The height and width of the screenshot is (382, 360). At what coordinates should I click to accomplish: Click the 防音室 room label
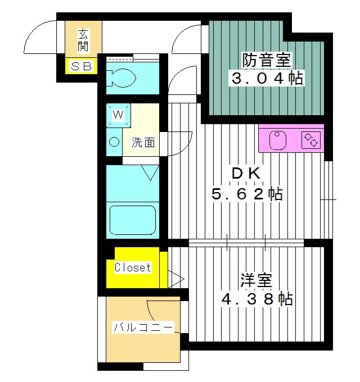267,58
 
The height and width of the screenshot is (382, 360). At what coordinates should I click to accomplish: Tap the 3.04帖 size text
267,78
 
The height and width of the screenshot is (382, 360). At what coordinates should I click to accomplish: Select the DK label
246,174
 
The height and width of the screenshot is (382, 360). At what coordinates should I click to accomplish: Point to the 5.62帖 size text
246,194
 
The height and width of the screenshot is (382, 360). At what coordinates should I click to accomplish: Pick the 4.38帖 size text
256,299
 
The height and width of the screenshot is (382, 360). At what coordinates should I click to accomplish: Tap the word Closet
133,267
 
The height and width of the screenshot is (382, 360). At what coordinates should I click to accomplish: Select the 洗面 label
143,142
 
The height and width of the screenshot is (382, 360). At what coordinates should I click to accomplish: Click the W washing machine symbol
119,115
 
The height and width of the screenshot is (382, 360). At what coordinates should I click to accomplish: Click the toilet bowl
120,78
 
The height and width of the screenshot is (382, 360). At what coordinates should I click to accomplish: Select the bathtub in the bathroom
133,220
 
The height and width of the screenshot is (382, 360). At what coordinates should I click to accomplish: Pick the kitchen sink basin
277,140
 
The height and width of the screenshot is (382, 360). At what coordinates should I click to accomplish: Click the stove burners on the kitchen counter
312,139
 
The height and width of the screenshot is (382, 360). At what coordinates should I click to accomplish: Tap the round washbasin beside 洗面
114,142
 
